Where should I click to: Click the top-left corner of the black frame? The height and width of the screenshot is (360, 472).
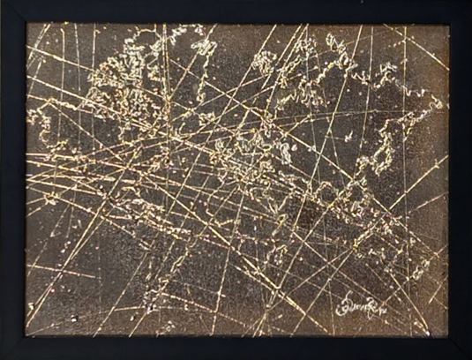[x=2, y=2]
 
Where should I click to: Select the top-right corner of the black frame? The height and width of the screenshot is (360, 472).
[x=469, y=2]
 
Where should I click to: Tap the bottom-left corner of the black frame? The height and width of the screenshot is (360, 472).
[x=2, y=357]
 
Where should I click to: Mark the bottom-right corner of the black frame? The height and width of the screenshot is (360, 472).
[x=469, y=357]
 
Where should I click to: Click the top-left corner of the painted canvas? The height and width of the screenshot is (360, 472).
[x=26, y=24]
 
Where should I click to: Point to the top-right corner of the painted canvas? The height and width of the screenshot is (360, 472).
[x=449, y=24]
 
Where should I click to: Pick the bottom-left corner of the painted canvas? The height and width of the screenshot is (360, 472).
[x=26, y=336]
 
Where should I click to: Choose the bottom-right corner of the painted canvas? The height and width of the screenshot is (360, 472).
[x=449, y=336]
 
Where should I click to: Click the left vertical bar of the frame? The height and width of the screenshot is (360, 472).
[x=12, y=180]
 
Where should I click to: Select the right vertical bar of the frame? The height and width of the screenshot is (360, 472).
[x=461, y=180]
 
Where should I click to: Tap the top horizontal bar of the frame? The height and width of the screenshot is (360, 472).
[x=236, y=11]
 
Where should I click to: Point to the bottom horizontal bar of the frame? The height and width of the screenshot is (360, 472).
[x=236, y=348]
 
